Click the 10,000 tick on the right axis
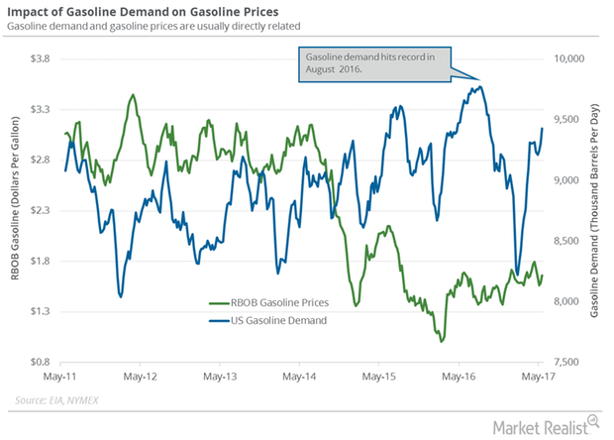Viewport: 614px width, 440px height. (572, 59)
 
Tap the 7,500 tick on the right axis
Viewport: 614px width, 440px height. (572, 363)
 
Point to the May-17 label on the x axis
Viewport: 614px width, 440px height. (540, 378)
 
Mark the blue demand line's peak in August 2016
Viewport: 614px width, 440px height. (479, 86)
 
